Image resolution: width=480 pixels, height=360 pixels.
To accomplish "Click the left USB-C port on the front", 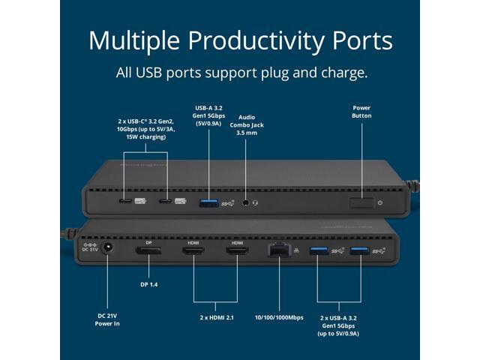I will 123,202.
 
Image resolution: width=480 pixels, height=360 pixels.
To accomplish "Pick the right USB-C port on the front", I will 163,202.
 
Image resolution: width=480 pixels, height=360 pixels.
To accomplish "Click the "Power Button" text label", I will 361,112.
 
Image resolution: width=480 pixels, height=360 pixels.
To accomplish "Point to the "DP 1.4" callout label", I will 148,285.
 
